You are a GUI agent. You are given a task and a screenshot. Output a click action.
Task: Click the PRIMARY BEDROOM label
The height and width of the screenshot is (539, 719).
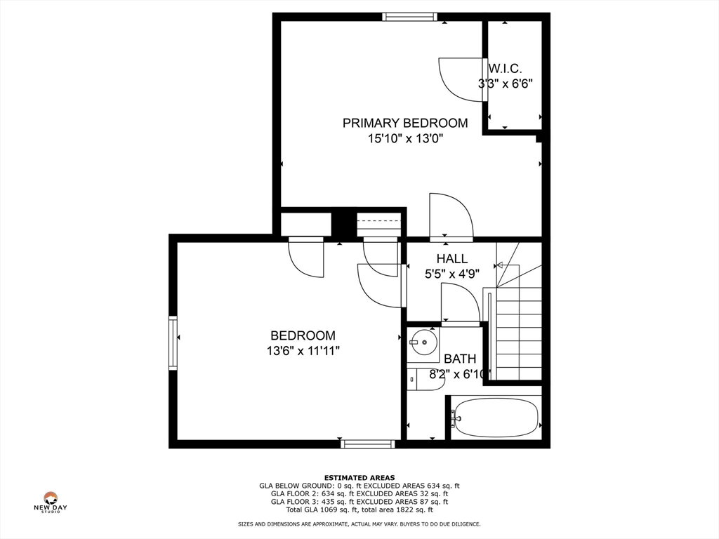pos(405,123)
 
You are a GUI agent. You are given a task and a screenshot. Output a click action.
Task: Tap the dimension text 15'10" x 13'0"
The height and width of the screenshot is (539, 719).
pos(405,138)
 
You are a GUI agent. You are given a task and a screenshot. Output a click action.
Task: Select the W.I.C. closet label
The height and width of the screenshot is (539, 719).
pos(505,69)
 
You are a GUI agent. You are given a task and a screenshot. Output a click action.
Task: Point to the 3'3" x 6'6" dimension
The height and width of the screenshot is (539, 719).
pos(506,84)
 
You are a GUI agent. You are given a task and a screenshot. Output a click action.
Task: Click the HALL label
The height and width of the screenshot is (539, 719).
pos(452,258)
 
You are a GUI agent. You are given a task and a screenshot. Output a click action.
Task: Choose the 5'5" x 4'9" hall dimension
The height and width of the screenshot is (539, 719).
pos(452,274)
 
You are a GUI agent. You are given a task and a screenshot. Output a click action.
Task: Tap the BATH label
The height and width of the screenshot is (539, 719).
pos(460,359)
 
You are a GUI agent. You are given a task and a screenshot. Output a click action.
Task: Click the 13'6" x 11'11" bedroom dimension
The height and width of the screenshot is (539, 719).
pos(303,351)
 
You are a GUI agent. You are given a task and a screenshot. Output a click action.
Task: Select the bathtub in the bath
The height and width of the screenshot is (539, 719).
pos(495,418)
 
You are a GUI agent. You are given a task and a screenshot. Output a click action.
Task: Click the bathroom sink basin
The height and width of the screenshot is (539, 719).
pos(423,342)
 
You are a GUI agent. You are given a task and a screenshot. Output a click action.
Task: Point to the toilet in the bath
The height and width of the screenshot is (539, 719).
pos(425,380)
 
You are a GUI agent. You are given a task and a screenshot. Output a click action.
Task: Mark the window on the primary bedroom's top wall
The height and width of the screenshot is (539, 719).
pos(409,17)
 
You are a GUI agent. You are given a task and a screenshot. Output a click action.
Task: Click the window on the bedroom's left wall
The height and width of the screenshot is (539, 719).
pos(173,343)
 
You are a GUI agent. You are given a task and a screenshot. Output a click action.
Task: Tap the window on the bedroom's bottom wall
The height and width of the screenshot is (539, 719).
pos(368,444)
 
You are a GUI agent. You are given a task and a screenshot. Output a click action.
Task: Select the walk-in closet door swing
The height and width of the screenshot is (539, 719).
pos(460,80)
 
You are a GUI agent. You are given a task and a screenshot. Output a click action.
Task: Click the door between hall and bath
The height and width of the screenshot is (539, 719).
pos(460,303)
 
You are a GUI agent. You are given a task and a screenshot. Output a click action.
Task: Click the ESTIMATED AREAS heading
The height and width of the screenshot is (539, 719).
pos(359,477)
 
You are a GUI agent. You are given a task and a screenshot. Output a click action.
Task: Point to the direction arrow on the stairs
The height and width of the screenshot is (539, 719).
pos(500,265)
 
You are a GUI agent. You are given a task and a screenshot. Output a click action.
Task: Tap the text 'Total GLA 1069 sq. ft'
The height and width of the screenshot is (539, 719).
pos(323,510)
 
